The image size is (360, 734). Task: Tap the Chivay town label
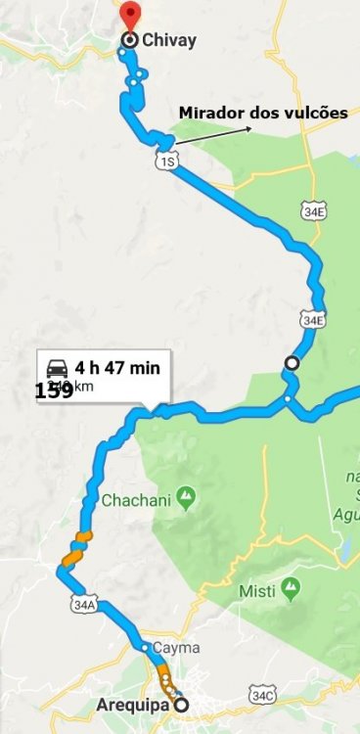coord(168,40)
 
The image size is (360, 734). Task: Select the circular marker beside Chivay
coord(130,40)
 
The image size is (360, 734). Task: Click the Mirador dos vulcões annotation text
coord(262,114)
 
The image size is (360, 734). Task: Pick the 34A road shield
coord(84,605)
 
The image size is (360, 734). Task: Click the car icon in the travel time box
coord(58,368)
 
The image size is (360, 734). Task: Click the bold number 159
coord(54,390)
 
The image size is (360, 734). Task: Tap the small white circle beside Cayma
coord(144,647)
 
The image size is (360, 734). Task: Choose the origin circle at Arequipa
coord(182,703)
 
